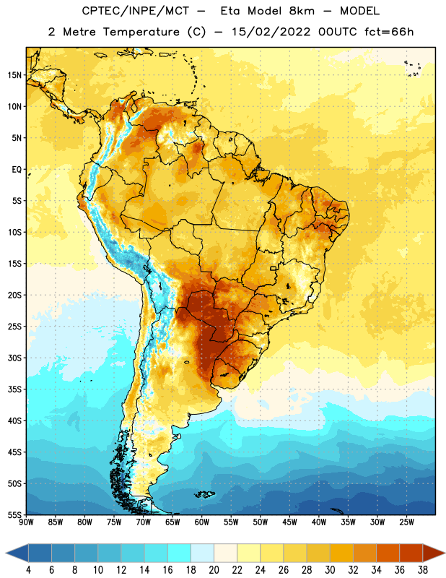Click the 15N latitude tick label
(x=14, y=75)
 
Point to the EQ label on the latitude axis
(x=17, y=170)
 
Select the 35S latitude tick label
(x=14, y=389)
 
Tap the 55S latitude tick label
(x=14, y=514)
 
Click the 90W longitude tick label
(x=26, y=522)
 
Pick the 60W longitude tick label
(x=201, y=522)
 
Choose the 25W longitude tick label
(x=406, y=522)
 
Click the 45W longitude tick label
(x=289, y=522)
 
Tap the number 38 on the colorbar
(x=422, y=570)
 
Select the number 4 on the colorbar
(x=28, y=570)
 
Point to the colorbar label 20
(x=214, y=570)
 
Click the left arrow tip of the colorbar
(x=6, y=553)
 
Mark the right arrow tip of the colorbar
(x=445, y=553)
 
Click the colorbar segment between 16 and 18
(x=179, y=553)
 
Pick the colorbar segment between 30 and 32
(x=341, y=553)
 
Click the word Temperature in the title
(x=141, y=32)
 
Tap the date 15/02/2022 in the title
(x=271, y=32)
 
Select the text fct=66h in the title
(x=389, y=32)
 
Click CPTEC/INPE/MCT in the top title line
(x=135, y=11)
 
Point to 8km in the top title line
(x=302, y=11)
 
